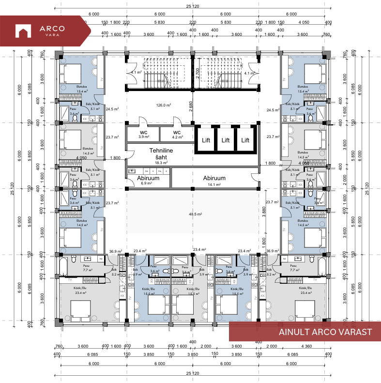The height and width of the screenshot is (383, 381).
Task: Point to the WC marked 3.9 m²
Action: [x=143, y=134]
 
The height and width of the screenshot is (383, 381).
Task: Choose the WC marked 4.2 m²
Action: [x=177, y=134]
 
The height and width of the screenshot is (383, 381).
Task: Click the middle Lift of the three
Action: [x=225, y=140]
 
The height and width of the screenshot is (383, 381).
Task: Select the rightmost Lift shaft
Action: [x=245, y=140]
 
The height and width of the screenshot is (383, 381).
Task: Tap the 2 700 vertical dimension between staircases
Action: [x=198, y=73]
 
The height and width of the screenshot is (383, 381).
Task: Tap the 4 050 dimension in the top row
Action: [x=304, y=22]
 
